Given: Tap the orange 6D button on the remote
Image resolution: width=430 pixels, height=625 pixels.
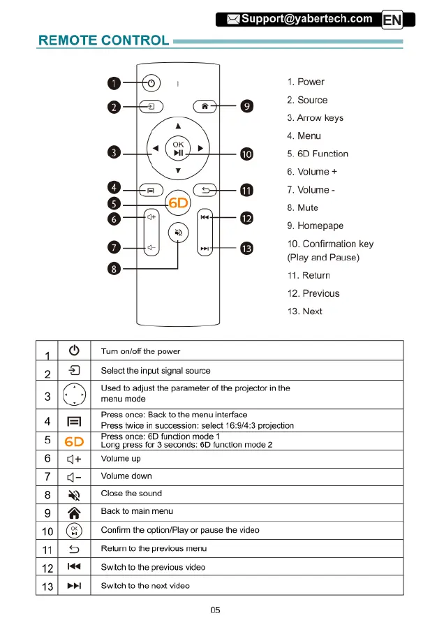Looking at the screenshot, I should pos(177,202).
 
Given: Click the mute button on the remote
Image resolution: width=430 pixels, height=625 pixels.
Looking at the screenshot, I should pos(178,233).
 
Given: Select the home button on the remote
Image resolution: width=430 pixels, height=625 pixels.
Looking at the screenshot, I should pos(204,106).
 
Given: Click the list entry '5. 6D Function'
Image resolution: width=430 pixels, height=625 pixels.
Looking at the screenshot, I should pos(318,154).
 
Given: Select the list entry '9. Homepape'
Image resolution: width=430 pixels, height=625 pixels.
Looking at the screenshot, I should pos(315,226).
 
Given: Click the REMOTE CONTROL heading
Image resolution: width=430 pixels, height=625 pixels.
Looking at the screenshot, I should pos(104,41).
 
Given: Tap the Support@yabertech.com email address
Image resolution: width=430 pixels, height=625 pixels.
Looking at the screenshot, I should pos(306,19).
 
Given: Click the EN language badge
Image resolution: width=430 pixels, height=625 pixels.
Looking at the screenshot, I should pos(392,20).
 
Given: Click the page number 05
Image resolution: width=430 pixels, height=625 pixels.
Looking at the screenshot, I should pos(216,610).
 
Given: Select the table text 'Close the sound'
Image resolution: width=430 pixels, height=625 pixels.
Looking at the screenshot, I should pos(131,494).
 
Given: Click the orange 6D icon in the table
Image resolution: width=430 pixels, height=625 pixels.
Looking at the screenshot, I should pos(74,441).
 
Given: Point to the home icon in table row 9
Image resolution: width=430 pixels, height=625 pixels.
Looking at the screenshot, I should pos(74,512).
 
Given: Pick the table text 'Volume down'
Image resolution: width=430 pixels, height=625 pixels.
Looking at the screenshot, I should pos(126,476).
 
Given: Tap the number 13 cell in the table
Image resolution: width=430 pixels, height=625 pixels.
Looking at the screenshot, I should pos(47,587).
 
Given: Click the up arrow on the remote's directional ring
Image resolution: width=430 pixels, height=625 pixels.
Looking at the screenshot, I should pos(178,126).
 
